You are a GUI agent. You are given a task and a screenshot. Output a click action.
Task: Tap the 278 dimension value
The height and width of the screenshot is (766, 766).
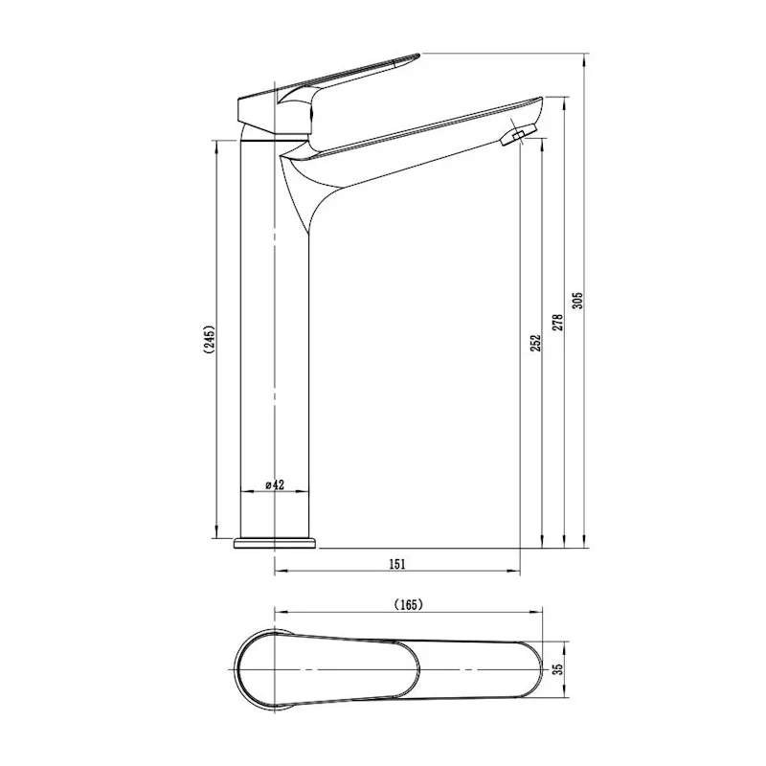click(x=557, y=322)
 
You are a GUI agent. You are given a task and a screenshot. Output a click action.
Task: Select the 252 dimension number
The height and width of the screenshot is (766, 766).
click(x=535, y=341)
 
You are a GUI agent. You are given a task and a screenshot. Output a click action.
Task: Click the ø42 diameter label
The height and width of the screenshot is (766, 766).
click(x=275, y=485)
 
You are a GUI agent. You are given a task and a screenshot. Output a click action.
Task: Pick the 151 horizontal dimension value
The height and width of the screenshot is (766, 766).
click(x=397, y=563)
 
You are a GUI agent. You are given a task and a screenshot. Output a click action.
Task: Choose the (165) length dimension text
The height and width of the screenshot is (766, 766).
click(x=408, y=604)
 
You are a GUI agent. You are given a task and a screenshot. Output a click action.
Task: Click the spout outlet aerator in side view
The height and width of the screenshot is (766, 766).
click(x=515, y=138)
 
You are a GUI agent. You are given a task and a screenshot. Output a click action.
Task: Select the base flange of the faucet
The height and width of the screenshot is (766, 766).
click(x=275, y=543)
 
